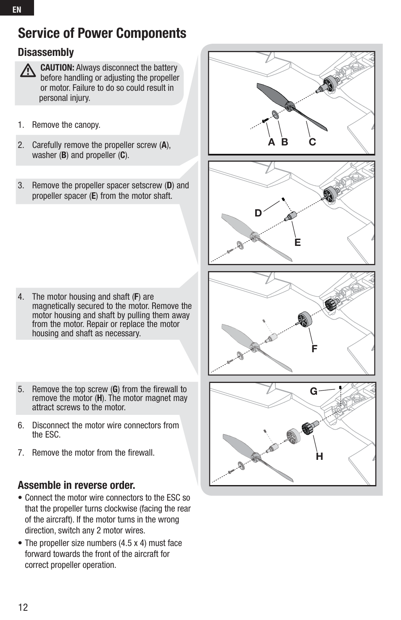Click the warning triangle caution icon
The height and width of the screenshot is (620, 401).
point(28,70)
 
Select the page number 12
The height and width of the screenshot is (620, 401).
point(23,607)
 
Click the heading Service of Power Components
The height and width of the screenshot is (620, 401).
point(102,33)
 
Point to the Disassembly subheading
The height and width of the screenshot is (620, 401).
point(46,52)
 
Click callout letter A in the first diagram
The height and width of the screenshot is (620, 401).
point(272,142)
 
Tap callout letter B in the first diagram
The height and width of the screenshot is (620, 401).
point(285,142)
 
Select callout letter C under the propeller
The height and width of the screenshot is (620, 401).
point(312,142)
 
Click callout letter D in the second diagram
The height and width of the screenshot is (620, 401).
point(258,213)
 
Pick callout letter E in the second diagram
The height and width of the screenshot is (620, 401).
point(298,243)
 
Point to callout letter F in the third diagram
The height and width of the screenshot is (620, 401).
point(314,348)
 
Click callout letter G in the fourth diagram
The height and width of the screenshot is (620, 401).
point(314,391)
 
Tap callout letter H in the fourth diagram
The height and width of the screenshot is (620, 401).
point(319,456)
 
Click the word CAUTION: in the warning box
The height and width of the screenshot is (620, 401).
point(57,68)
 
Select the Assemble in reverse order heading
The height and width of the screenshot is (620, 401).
point(77,485)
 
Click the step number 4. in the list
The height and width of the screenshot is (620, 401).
point(21,297)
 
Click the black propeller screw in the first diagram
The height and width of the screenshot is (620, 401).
point(265,121)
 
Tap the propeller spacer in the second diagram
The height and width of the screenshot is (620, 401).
point(290,216)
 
